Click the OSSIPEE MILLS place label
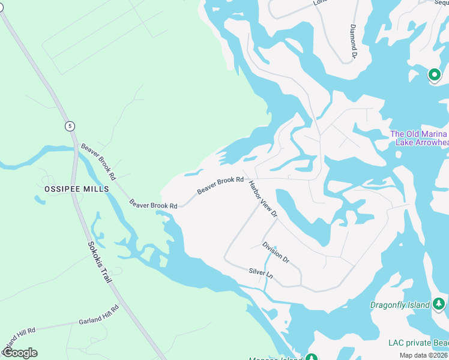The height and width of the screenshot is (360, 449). pyautogui.click(x=77, y=188)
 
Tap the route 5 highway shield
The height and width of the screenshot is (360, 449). pyautogui.click(x=71, y=125)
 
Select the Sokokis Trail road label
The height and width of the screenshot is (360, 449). pyautogui.click(x=101, y=263)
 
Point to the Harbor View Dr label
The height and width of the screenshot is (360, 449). pyautogui.click(x=263, y=199)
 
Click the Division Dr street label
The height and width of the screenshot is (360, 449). pyautogui.click(x=276, y=252)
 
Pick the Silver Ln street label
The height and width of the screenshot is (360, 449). pyautogui.click(x=261, y=272)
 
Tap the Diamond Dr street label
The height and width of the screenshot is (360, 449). pyautogui.click(x=354, y=42)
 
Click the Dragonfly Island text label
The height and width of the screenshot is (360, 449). pyautogui.click(x=399, y=305)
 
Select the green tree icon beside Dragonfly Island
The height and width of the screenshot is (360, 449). pyautogui.click(x=439, y=304)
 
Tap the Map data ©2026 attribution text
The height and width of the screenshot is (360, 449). pyautogui.click(x=424, y=355)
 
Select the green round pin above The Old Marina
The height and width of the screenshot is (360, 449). pyautogui.click(x=434, y=75)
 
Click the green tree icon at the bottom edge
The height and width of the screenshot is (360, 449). pyautogui.click(x=311, y=358)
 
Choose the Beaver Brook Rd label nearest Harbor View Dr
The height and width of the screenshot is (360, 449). pyautogui.click(x=220, y=184)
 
